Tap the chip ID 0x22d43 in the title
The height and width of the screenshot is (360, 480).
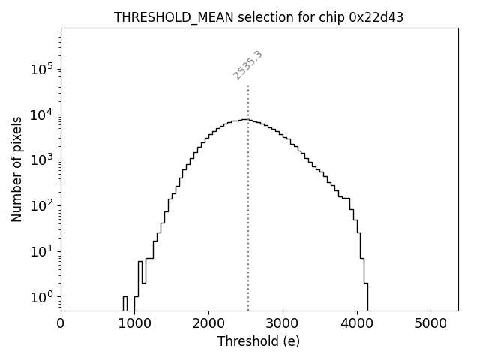(x=376, y=17)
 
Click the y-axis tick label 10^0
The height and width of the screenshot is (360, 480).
(x=42, y=297)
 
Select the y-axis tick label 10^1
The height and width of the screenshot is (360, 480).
(x=42, y=251)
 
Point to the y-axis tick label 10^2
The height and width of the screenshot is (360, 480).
(x=42, y=205)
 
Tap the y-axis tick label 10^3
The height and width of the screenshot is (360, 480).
(x=42, y=160)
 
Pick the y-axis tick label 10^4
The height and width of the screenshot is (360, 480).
(x=42, y=115)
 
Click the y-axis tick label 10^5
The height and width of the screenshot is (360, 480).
(x=42, y=69)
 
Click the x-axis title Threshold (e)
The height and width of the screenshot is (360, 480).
(x=259, y=341)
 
